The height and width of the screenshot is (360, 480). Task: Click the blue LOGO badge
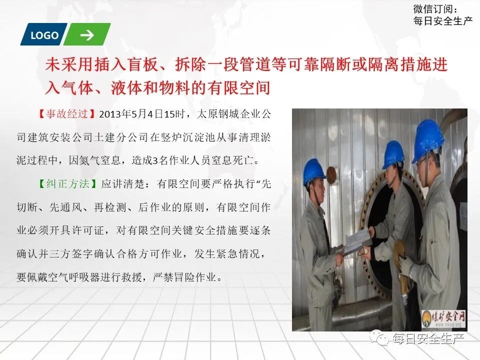pyautogui.click(x=44, y=35)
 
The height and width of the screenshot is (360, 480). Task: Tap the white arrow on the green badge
pyautogui.click(x=87, y=35)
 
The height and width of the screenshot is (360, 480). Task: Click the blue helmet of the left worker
pyautogui.click(x=314, y=171)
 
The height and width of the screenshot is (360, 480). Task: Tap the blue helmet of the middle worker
pyautogui.click(x=393, y=153)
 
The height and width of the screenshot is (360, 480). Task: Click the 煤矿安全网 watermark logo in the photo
pyautogui.click(x=443, y=317)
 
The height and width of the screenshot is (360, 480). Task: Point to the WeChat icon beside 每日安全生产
pyautogui.click(x=382, y=339)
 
